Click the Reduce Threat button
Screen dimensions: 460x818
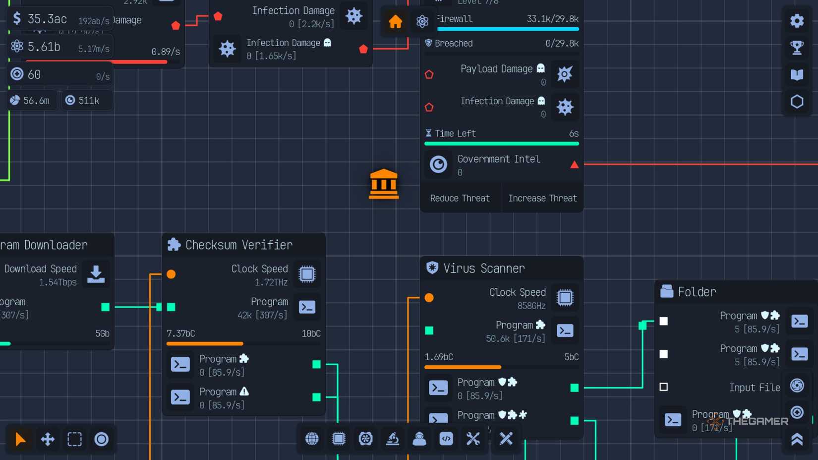(x=460, y=198)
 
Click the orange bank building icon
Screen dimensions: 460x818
(x=384, y=184)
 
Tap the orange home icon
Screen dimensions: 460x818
(x=395, y=22)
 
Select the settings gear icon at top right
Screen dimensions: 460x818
(x=797, y=21)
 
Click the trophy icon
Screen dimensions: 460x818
(x=797, y=48)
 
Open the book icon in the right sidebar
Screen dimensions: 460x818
(x=797, y=74)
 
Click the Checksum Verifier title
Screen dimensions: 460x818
(x=238, y=245)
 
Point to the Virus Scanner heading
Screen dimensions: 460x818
(x=483, y=268)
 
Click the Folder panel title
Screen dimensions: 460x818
(x=697, y=292)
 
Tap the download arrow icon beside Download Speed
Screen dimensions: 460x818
(x=96, y=274)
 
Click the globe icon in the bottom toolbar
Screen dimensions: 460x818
(x=312, y=439)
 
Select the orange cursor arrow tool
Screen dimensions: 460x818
(x=20, y=439)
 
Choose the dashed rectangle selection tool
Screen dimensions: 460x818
(x=74, y=439)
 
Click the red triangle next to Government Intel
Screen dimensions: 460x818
(x=574, y=165)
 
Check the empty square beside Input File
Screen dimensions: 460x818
(x=664, y=387)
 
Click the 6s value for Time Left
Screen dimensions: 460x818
(x=574, y=133)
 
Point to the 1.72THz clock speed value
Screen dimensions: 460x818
(x=271, y=282)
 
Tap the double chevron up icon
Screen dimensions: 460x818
(x=797, y=439)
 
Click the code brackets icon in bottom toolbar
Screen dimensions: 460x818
(x=446, y=439)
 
